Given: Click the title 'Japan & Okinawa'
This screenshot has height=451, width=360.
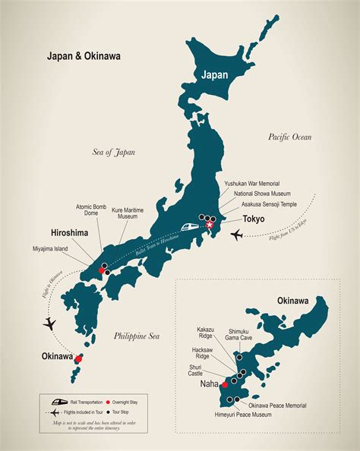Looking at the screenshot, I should (74, 55).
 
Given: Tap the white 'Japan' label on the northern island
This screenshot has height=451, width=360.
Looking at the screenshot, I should (213, 74).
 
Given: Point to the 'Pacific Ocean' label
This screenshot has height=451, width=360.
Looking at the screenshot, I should (295, 137).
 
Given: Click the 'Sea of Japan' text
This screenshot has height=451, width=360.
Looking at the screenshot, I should (114, 152).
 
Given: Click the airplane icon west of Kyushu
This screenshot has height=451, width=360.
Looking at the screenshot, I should (49, 324).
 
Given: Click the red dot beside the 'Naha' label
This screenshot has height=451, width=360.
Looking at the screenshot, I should (223, 385).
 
